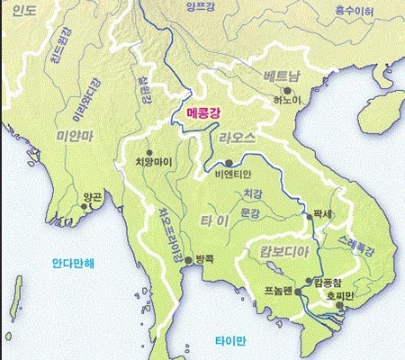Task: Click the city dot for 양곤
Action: [85, 207]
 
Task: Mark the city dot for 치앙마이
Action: [148, 151]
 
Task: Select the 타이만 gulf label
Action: [229, 341]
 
